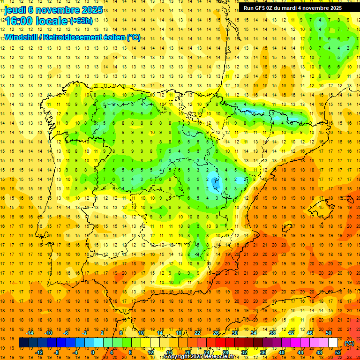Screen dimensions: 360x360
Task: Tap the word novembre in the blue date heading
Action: tap(64, 10)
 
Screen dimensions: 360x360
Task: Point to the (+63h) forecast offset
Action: tap(81, 21)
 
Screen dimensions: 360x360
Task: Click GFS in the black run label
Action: tap(260, 8)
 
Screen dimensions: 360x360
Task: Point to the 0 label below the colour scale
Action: tap(93, 352)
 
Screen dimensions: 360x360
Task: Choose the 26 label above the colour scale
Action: tap(216, 333)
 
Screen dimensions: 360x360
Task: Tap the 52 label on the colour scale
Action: tap(337, 352)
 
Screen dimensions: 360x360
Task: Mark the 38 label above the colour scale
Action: tap(272, 333)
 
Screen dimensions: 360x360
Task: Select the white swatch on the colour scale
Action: tap(333, 343)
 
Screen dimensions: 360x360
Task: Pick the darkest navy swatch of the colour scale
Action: tap(23, 343)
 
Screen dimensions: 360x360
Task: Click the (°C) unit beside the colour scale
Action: tap(349, 343)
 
